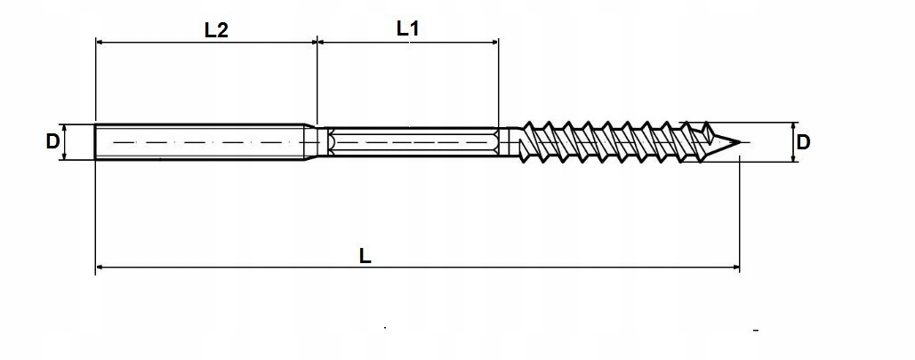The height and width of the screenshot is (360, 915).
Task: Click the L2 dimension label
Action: point(216,29)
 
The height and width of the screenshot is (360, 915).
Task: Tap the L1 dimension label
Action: point(407,28)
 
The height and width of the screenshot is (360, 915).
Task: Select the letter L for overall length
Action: point(365,255)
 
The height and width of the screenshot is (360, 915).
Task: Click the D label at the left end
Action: point(52,141)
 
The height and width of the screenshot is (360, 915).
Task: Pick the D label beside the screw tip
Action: point(803,142)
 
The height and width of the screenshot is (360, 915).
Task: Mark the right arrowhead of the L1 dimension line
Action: point(494,41)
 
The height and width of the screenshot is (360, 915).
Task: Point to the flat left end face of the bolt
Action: point(96,141)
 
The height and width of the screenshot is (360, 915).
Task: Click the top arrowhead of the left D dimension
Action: point(64,127)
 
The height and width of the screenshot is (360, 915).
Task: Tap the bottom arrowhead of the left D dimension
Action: point(64,156)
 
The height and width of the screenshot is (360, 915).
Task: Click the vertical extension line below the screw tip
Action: point(740,213)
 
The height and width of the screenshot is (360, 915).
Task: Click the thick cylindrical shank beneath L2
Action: point(205,141)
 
